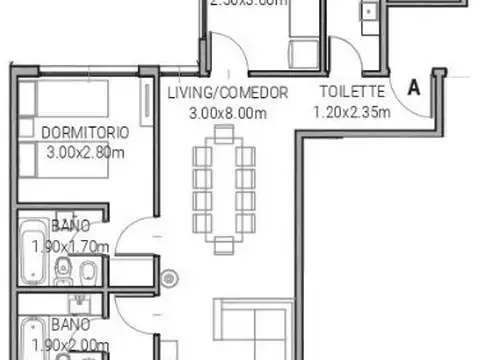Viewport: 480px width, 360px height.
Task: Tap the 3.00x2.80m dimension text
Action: coord(85,153)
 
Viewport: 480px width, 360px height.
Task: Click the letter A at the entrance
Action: coord(413,87)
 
